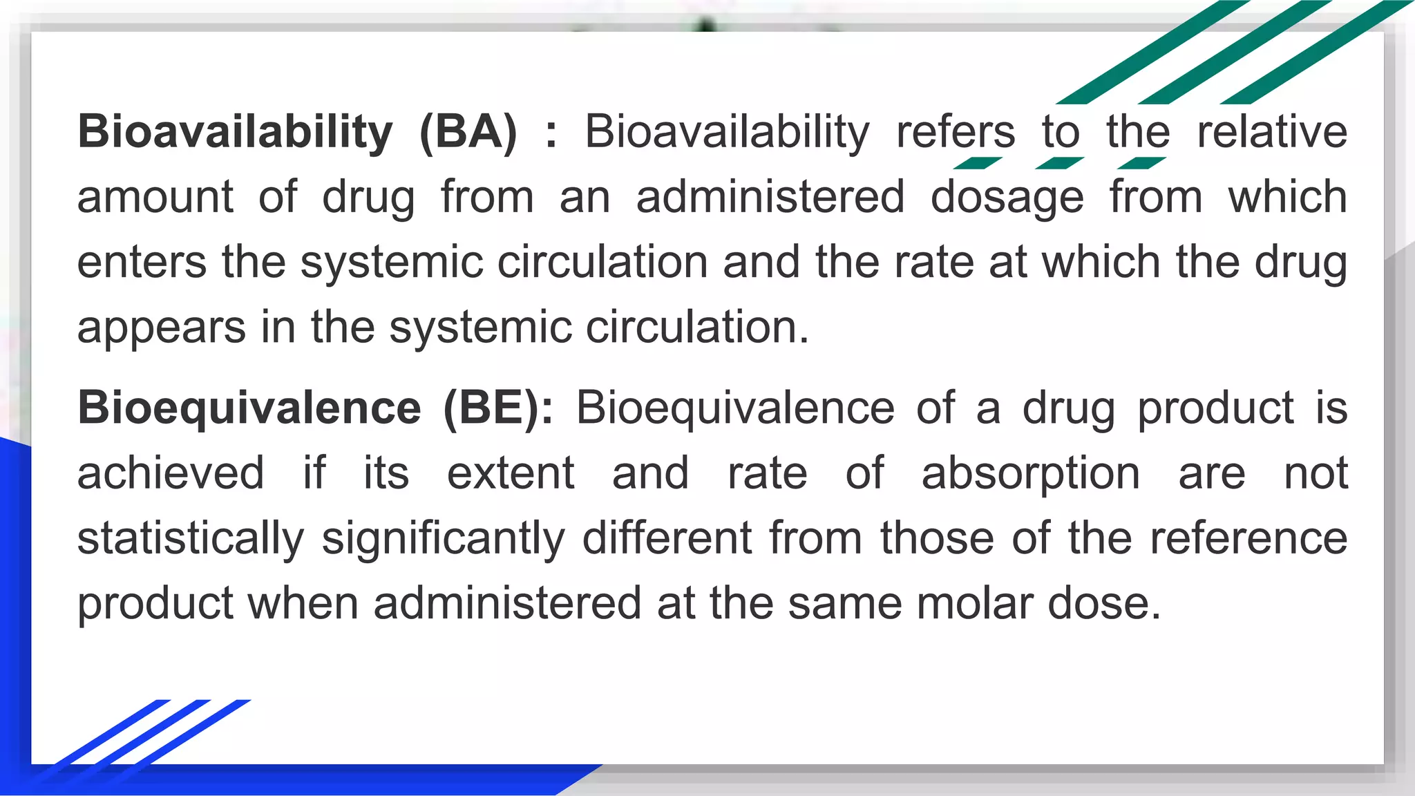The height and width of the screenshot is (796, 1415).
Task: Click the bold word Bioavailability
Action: [235, 131]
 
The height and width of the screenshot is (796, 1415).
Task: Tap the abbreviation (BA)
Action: [468, 131]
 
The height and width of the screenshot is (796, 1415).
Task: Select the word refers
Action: [956, 131]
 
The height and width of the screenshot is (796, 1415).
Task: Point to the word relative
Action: [1272, 131]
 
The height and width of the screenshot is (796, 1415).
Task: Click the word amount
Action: [155, 197]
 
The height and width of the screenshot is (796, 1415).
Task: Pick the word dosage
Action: [1007, 197]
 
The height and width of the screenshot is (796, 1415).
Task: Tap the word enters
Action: [142, 262]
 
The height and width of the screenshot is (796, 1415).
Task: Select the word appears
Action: [161, 327]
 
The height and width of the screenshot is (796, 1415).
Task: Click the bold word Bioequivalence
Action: [249, 407]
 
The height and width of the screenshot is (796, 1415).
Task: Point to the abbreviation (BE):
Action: [498, 407]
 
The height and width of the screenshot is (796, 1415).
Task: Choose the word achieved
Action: [171, 473]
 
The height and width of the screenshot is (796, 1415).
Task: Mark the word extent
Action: [511, 473]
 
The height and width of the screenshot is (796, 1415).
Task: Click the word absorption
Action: [1031, 473]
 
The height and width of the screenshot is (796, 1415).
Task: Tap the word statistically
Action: [191, 538]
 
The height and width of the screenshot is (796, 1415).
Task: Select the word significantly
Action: [444, 538]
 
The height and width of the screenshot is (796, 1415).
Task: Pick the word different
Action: [667, 538]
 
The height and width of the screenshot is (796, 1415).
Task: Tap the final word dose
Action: [1104, 603]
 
